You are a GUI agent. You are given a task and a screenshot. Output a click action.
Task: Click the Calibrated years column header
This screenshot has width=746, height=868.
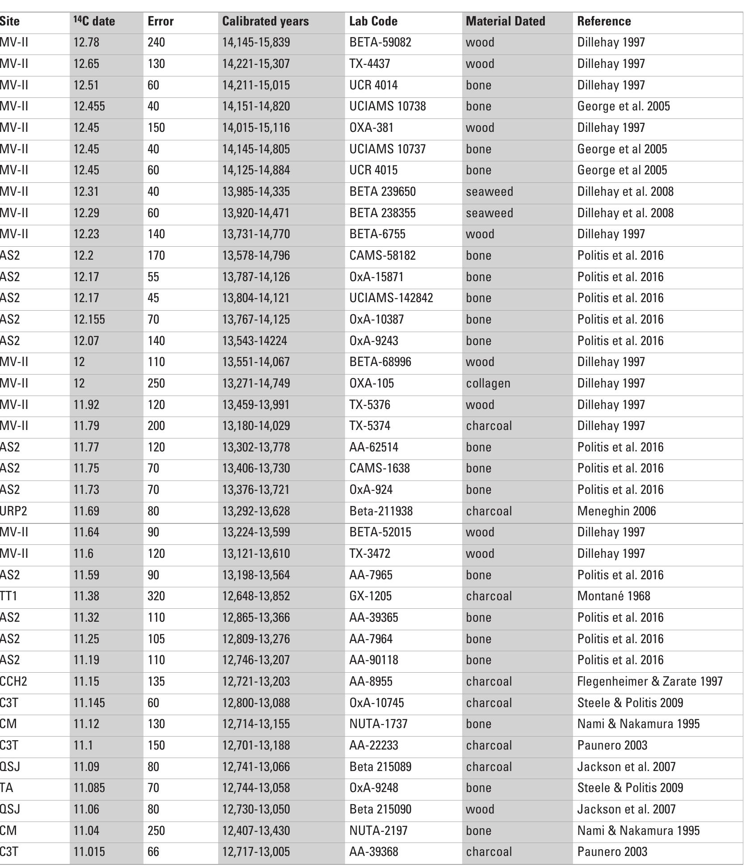coord(266,21)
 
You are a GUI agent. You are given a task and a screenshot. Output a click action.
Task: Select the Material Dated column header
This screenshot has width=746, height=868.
coord(505,21)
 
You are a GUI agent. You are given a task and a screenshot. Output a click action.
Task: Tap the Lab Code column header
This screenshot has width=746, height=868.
coord(373,21)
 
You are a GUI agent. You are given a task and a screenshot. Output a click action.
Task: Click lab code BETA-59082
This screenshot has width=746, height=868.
coord(380,42)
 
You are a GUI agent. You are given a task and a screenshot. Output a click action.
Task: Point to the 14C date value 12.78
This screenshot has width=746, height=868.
coord(86,42)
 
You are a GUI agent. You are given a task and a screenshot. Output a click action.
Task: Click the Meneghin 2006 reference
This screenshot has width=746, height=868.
coord(616,511)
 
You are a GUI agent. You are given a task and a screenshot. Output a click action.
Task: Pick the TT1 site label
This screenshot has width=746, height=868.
coord(8,596)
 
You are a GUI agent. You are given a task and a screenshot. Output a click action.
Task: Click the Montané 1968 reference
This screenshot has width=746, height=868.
coord(613,596)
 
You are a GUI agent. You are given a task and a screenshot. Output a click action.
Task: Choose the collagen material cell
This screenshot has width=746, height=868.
coord(488,383)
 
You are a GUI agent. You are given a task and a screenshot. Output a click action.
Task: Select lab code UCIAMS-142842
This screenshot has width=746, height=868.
coord(391,298)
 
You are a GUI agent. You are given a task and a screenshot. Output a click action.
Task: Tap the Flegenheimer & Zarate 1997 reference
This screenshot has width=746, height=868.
coord(649,681)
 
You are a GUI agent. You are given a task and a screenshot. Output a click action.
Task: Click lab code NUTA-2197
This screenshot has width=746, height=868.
coord(378,830)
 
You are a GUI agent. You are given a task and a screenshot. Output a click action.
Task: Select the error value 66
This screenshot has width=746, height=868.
coord(153,851)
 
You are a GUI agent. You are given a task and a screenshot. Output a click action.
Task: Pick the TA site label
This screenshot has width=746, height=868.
coord(7,788)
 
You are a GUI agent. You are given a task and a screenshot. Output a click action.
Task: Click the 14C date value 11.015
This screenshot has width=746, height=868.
coord(89,851)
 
